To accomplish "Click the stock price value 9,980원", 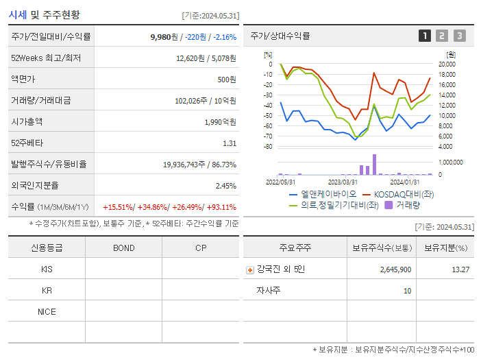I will click(163, 36).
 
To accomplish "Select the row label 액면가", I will click(23, 80).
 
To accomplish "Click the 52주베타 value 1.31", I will click(230, 143).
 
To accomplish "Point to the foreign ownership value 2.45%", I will click(225, 186).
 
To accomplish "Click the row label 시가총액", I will click(27, 122).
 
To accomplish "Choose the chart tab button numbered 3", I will click(459, 36).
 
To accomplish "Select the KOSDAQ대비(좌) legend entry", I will click(398, 194).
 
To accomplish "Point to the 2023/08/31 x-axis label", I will click(343, 182).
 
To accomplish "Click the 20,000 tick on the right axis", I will click(447, 64).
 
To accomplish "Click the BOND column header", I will click(123, 248).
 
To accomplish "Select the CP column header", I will click(200, 248).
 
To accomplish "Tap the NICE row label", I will click(47, 311).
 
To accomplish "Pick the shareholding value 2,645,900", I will click(395, 269).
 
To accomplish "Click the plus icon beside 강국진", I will click(249, 270).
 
